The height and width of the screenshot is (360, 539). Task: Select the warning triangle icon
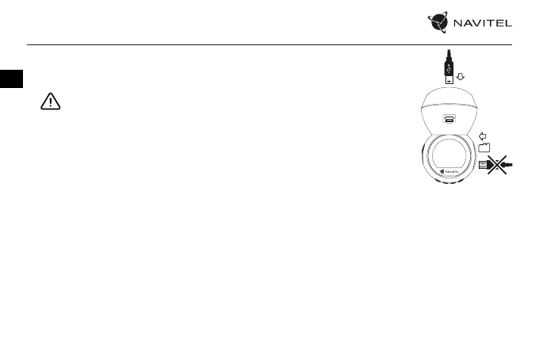pyautogui.click(x=52, y=103)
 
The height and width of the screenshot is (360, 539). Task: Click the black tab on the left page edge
pyautogui.click(x=11, y=79)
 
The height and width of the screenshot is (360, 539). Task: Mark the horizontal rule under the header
pyautogui.click(x=269, y=44)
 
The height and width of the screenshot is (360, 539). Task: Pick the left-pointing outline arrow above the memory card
pyautogui.click(x=484, y=135)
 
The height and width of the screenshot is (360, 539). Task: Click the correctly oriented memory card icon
pyautogui.click(x=484, y=147)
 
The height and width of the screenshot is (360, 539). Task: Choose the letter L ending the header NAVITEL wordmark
pyautogui.click(x=510, y=25)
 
